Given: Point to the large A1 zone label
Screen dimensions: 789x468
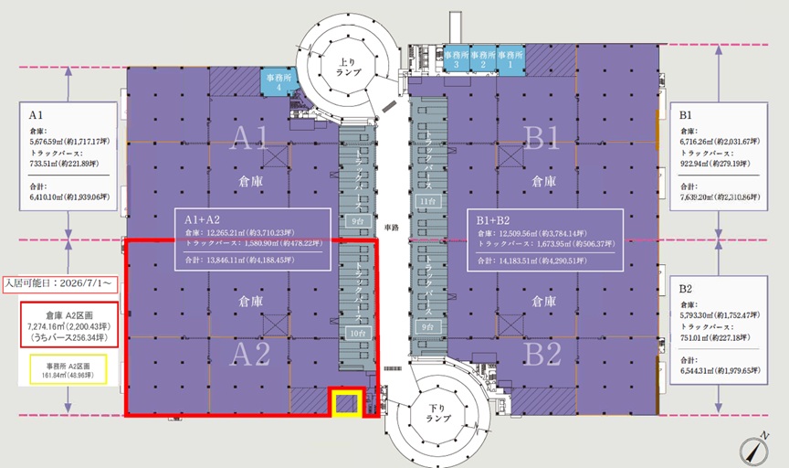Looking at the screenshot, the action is (247, 138).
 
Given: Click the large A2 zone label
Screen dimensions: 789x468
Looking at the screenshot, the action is (247, 354).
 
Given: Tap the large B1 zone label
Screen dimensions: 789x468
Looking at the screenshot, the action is (542, 138).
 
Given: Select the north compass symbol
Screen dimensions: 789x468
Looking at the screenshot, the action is (753, 451).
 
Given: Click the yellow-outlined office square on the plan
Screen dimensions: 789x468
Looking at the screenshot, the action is (346, 403).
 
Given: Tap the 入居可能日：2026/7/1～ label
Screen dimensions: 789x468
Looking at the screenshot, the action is (59, 283).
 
